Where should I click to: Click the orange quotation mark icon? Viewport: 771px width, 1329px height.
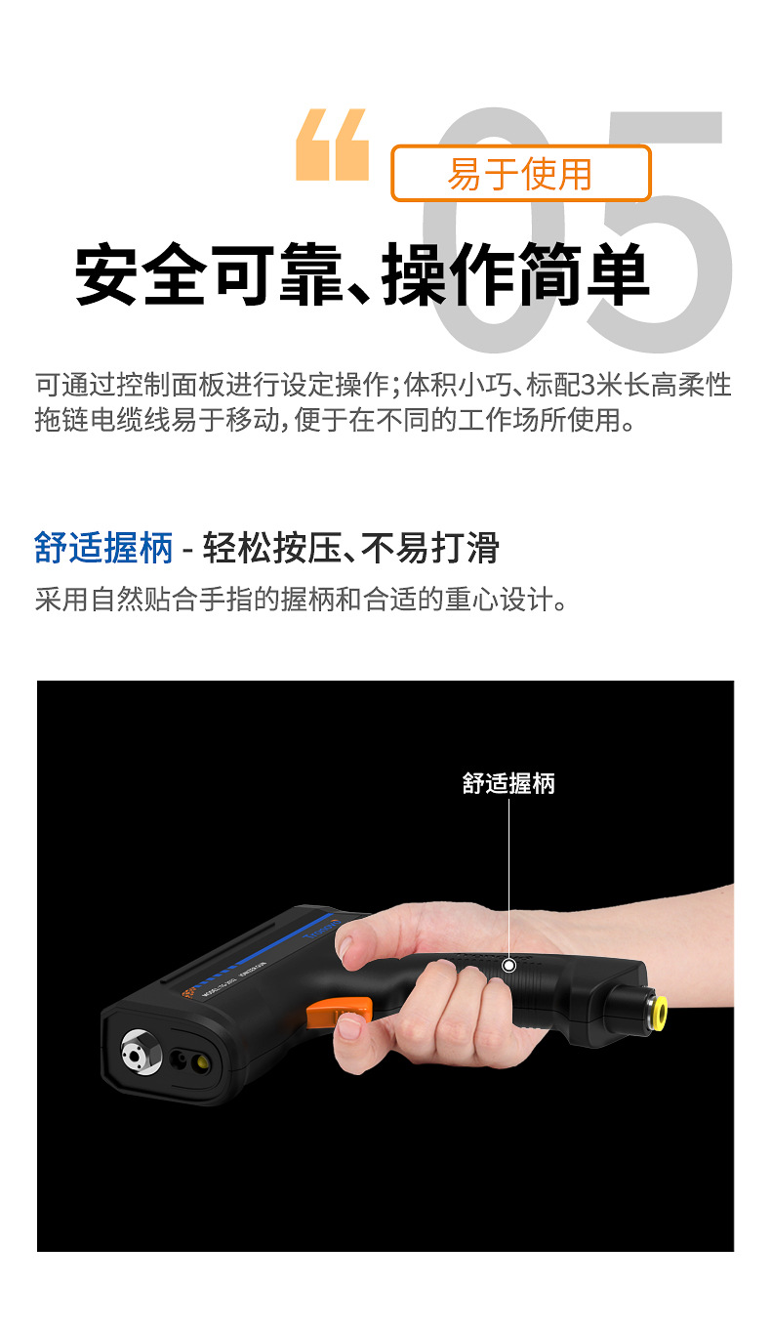pyautogui.click(x=333, y=145)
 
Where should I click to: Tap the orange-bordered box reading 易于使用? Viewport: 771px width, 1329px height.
pyautogui.click(x=520, y=174)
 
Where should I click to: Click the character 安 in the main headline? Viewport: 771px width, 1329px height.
pyautogui.click(x=108, y=275)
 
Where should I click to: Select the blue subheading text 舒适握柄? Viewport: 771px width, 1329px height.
pyautogui.click(x=103, y=548)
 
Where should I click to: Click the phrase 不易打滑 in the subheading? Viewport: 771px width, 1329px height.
pyautogui.click(x=429, y=548)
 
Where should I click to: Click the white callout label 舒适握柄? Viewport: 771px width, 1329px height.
pyautogui.click(x=508, y=783)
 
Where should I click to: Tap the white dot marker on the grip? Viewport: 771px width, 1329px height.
pyautogui.click(x=508, y=966)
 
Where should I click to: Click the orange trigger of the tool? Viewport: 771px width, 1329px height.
pyautogui.click(x=337, y=1011)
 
